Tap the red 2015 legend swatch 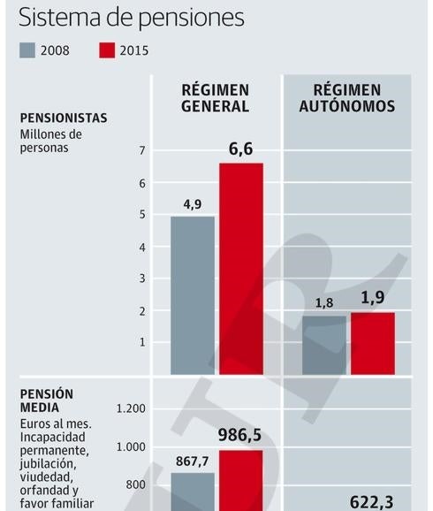(x=106, y=50)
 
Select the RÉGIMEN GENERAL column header (x=216, y=98)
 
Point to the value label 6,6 (x=240, y=149)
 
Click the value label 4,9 (x=192, y=203)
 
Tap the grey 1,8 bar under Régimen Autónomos (x=324, y=345)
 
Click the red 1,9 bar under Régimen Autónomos (x=372, y=343)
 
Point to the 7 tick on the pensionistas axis (x=141, y=151)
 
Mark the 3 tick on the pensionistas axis (x=141, y=278)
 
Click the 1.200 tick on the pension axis (x=131, y=408)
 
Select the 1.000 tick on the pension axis (x=131, y=446)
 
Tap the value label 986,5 (x=240, y=435)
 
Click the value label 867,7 (x=193, y=461)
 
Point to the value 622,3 (x=372, y=501)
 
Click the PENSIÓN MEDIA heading (x=46, y=400)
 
